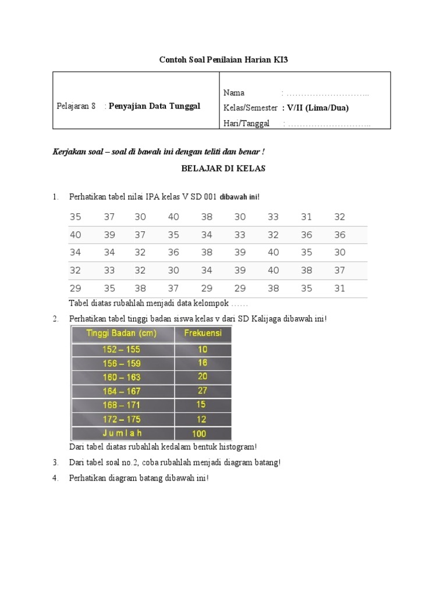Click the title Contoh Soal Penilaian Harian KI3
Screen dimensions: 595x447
[223, 60]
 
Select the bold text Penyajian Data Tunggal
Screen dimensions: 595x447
[154, 106]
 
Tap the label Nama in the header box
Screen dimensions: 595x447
[234, 92]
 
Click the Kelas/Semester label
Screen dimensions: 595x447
[250, 107]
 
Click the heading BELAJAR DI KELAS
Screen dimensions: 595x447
[223, 169]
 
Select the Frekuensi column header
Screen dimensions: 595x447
[203, 334]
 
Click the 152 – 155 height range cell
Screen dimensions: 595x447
[122, 349]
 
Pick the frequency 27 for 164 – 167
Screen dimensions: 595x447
[203, 390]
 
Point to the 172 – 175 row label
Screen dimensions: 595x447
[122, 419]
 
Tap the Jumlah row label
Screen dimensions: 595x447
[122, 433]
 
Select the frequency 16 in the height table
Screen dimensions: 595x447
[203, 363]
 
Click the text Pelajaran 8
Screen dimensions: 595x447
[76, 106]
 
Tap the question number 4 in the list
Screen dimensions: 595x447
[55, 478]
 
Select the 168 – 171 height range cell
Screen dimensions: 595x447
[122, 405]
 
